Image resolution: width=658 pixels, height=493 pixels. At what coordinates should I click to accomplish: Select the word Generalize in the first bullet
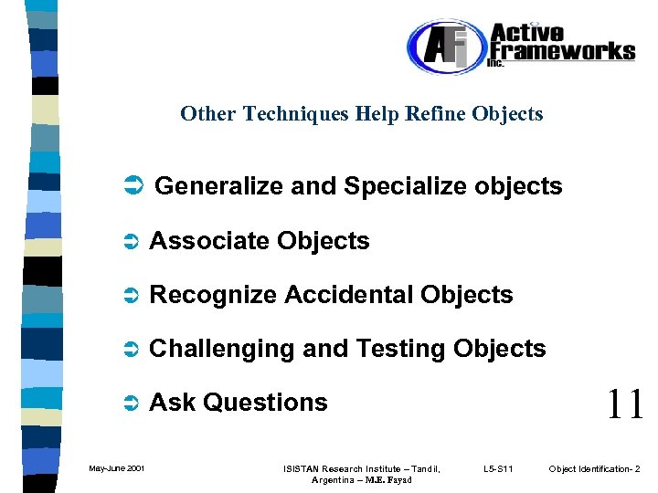[219, 187]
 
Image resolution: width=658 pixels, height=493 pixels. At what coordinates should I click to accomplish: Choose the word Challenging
[220, 349]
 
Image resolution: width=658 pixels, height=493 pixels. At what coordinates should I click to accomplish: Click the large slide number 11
[624, 403]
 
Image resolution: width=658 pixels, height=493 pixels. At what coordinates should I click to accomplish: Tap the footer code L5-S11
[498, 469]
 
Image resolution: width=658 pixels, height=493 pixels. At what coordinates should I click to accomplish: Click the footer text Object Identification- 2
[594, 469]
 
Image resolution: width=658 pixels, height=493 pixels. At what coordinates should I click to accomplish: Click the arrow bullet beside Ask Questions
[130, 404]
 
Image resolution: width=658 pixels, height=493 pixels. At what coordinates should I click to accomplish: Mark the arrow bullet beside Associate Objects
[130, 242]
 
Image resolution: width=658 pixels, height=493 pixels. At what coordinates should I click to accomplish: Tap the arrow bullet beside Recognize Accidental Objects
[130, 296]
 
